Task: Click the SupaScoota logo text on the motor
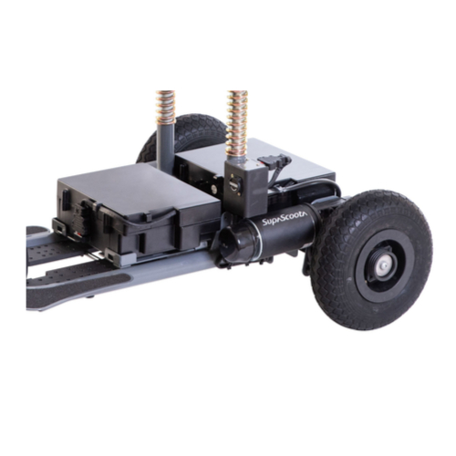(x=285, y=219)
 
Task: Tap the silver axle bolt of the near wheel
(x=383, y=266)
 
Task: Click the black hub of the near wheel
(x=379, y=266)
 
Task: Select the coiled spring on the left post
(x=166, y=107)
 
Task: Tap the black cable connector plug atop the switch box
(x=273, y=160)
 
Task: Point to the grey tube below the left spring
(x=166, y=143)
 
